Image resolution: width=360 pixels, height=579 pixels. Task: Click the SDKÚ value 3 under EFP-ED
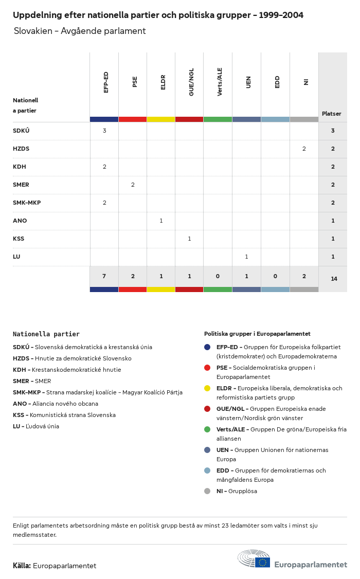(104, 131)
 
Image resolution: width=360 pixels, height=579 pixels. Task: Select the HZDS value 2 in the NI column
(304, 149)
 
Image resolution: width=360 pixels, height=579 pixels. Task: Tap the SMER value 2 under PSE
(133, 185)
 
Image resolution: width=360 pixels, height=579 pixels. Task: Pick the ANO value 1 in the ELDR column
(161, 221)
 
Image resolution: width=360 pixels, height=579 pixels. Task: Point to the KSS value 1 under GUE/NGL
(189, 239)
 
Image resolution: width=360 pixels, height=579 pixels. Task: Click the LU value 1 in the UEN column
(246, 257)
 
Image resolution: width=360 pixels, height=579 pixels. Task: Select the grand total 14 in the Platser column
(334, 279)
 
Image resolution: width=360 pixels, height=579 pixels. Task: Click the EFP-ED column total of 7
(104, 276)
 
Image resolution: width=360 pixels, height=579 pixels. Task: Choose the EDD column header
(277, 82)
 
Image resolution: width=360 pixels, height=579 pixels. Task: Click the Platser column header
(332, 114)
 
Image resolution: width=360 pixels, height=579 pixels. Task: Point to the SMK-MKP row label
(27, 203)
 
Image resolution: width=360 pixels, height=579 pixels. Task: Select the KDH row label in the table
(20, 167)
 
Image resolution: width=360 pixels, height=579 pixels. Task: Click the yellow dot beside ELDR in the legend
(207, 388)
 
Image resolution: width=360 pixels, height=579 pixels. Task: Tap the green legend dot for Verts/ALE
(207, 429)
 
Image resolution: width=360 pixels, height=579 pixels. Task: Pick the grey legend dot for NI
(207, 491)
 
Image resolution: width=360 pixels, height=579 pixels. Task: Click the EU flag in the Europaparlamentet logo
(262, 562)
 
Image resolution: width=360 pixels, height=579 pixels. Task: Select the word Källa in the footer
(22, 566)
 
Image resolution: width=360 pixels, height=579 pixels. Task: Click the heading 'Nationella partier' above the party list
(46, 334)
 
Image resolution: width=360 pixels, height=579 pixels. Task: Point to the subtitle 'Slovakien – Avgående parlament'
(80, 31)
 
